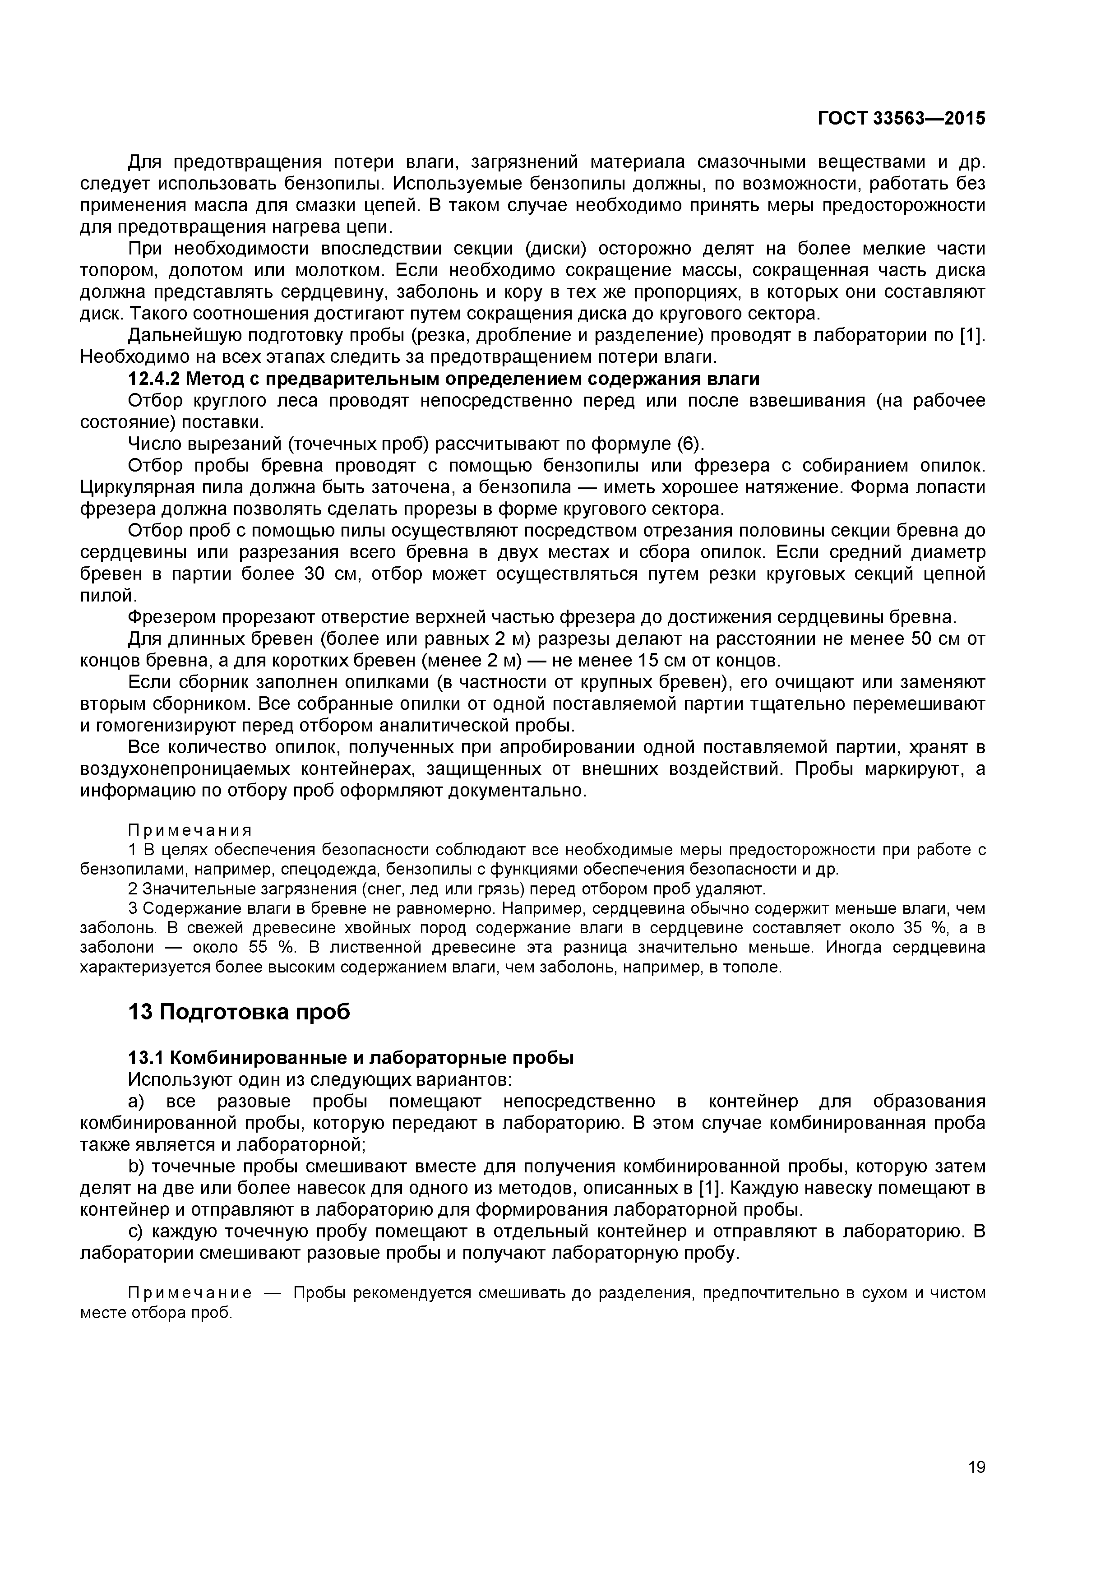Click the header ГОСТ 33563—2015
point(901,119)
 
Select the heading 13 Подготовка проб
point(239,1011)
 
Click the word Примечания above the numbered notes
point(190,829)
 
